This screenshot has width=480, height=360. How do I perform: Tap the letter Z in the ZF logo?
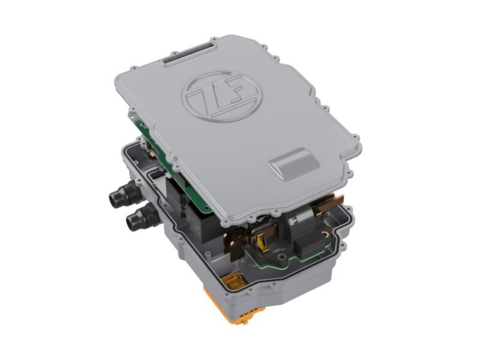click(207, 98)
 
